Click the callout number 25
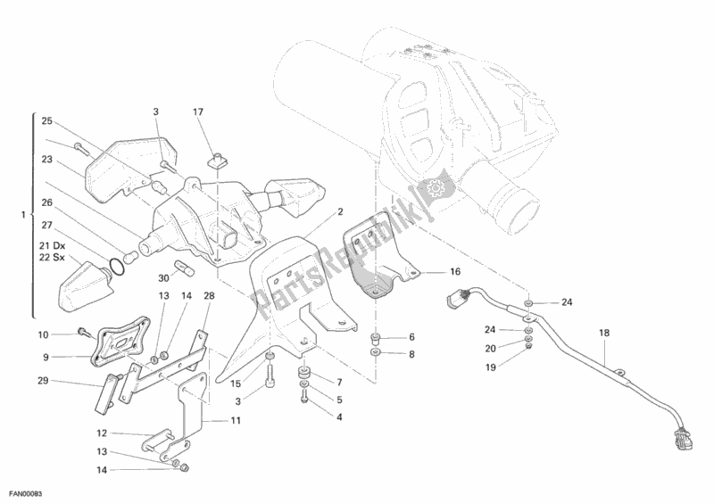click(x=47, y=120)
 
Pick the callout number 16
click(x=454, y=273)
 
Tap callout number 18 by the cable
click(x=604, y=333)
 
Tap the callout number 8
click(x=411, y=354)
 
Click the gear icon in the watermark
click(x=436, y=188)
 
